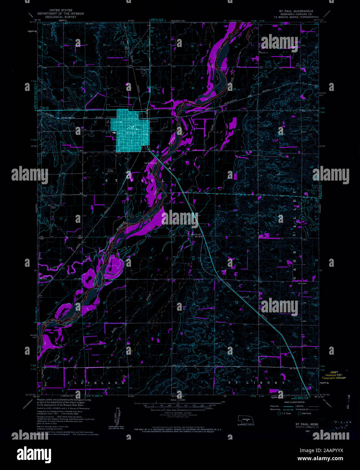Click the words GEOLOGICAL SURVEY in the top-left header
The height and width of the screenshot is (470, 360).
[61, 17]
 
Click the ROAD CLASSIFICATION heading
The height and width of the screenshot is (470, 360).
[294, 402]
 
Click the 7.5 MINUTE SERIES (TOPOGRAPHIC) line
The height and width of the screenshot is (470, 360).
[296, 17]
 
